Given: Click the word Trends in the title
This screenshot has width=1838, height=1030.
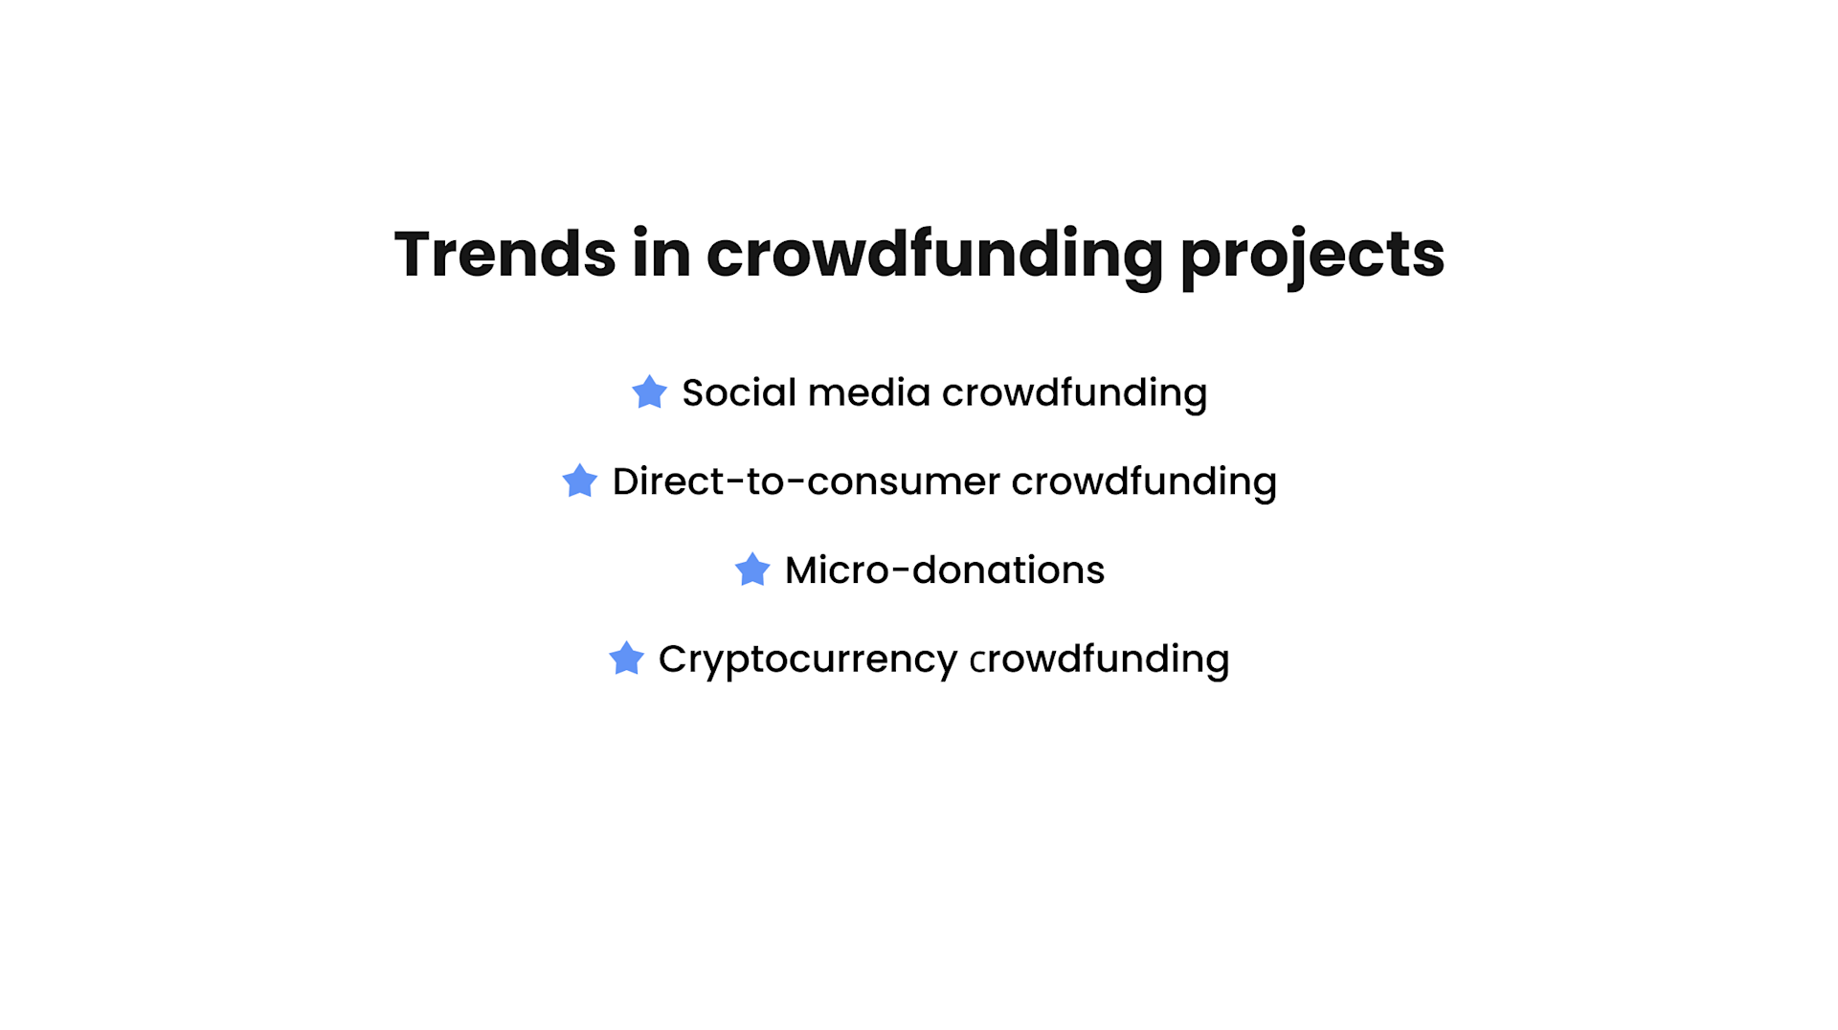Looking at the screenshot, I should [x=504, y=255].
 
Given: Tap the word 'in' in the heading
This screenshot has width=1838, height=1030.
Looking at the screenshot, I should [x=661, y=255].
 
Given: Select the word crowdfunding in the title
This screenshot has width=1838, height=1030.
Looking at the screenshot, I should [x=933, y=255].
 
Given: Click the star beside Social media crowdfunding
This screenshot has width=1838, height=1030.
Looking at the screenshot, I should [x=649, y=392].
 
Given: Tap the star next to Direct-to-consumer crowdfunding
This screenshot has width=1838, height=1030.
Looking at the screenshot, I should [x=579, y=481].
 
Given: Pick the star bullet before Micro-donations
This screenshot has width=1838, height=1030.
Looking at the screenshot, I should [x=752, y=571].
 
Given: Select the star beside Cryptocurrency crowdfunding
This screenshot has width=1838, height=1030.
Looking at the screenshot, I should [x=626, y=659].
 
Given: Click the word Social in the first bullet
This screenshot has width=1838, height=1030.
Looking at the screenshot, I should [x=738, y=393].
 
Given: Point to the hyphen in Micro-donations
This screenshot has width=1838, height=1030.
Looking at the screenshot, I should [x=900, y=571].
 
